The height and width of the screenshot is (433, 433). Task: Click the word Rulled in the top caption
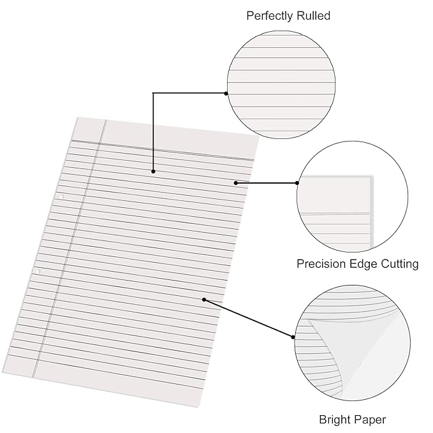click(314, 16)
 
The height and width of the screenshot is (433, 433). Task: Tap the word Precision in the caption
click(321, 263)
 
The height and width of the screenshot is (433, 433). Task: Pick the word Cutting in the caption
click(400, 263)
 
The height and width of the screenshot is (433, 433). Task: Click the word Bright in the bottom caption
click(335, 420)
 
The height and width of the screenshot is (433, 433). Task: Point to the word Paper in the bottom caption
click(371, 420)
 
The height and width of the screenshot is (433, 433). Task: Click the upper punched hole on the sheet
click(62, 196)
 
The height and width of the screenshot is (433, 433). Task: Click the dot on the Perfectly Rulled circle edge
click(226, 93)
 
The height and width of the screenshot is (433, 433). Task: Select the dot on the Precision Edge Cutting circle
click(297, 183)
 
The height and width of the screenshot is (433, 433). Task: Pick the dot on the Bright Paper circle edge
click(294, 337)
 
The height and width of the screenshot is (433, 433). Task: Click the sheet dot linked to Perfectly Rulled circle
click(153, 172)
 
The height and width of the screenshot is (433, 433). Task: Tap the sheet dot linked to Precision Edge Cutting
click(236, 183)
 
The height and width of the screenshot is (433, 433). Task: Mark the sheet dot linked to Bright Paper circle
click(204, 299)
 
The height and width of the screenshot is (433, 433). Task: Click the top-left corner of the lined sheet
click(77, 117)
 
